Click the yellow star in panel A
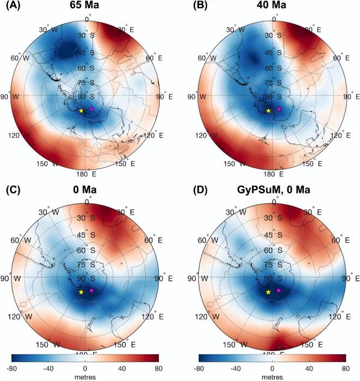click(81, 111)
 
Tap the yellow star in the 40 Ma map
click(268, 111)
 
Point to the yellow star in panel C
click(81, 292)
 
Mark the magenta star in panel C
click(92, 291)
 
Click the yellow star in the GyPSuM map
click(268, 292)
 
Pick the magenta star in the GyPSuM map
click(279, 291)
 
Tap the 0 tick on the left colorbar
click(85, 368)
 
